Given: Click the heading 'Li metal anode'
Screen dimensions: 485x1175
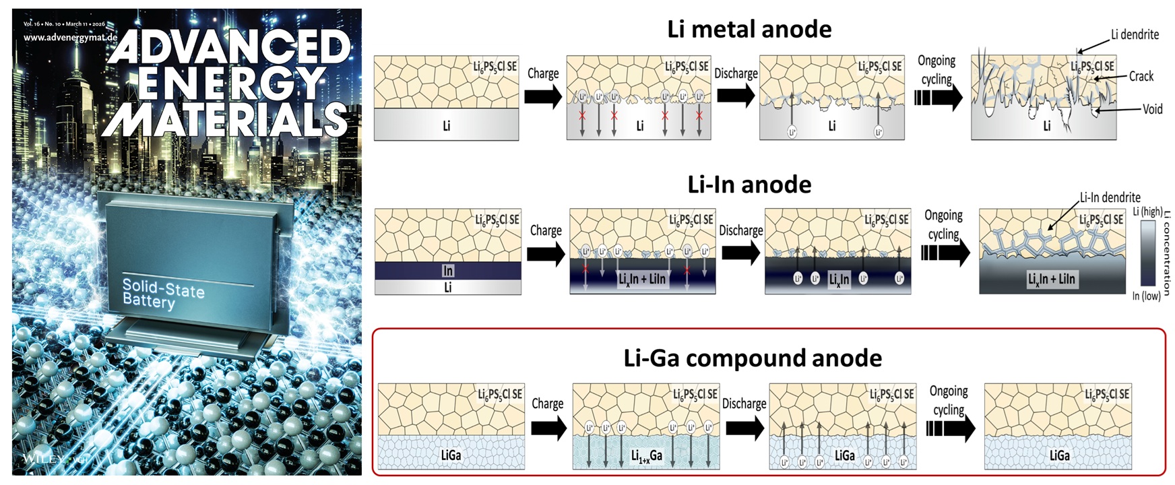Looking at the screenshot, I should tap(749, 30).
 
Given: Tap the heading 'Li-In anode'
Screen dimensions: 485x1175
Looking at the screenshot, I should tap(749, 185).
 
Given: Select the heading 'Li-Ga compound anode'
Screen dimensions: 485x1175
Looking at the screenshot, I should tap(753, 358).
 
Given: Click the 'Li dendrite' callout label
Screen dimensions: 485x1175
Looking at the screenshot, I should tap(1135, 34).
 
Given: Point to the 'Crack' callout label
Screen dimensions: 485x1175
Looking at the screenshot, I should tap(1141, 76).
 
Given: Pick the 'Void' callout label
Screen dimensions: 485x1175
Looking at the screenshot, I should tap(1152, 109).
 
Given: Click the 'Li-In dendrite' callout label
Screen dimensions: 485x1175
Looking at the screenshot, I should tap(1110, 197).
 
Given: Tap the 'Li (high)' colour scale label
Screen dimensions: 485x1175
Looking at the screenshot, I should tap(1147, 212).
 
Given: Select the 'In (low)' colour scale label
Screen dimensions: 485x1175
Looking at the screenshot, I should tap(1145, 296).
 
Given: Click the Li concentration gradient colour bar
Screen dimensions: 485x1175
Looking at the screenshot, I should tap(1147, 253).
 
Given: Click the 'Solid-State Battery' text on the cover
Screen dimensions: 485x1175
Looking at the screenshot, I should tap(162, 294).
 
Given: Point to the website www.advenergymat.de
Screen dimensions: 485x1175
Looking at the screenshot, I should tap(70, 38).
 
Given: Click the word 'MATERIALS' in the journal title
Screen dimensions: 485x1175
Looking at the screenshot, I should tap(226, 120).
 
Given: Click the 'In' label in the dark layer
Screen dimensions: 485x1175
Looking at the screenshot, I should tap(448, 271).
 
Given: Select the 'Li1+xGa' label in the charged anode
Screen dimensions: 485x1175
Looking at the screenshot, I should tap(646, 456).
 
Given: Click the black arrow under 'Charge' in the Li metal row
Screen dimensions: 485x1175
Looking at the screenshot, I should tap(542, 97).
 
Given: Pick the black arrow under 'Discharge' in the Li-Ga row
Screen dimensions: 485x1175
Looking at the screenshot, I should tap(744, 428).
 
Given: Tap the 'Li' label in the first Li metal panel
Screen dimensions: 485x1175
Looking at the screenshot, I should tap(446, 126).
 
